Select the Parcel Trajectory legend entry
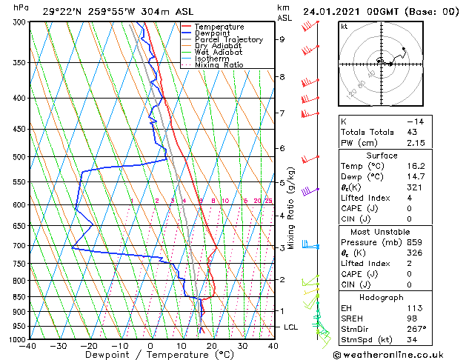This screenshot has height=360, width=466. pos(228,39)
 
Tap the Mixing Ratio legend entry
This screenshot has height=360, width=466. pos(219,65)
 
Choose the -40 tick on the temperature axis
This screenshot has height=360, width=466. pos(28,346)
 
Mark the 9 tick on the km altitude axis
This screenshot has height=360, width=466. pos(282,40)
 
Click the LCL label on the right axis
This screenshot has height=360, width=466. pos(292,327)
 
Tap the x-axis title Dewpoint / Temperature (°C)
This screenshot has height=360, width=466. pos(150,355)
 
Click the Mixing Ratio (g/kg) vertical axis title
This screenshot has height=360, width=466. pos(291,207)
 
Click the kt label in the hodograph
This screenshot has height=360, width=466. pos(344,26)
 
